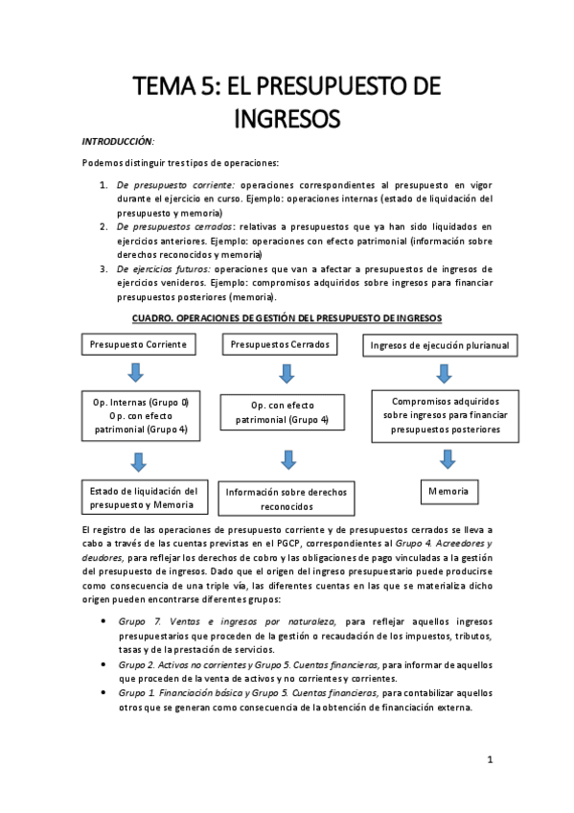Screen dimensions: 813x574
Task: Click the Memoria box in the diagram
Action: coord(448,491)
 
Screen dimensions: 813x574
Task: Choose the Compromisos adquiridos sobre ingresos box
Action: coord(443,415)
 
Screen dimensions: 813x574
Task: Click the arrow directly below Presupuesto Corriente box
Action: coord(139,372)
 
